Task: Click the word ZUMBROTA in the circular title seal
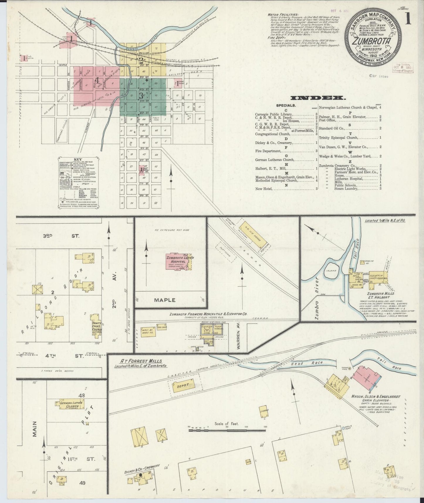(x=372, y=41)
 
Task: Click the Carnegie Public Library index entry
(x=274, y=114)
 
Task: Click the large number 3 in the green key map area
(x=141, y=96)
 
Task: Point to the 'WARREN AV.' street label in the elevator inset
(x=239, y=336)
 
